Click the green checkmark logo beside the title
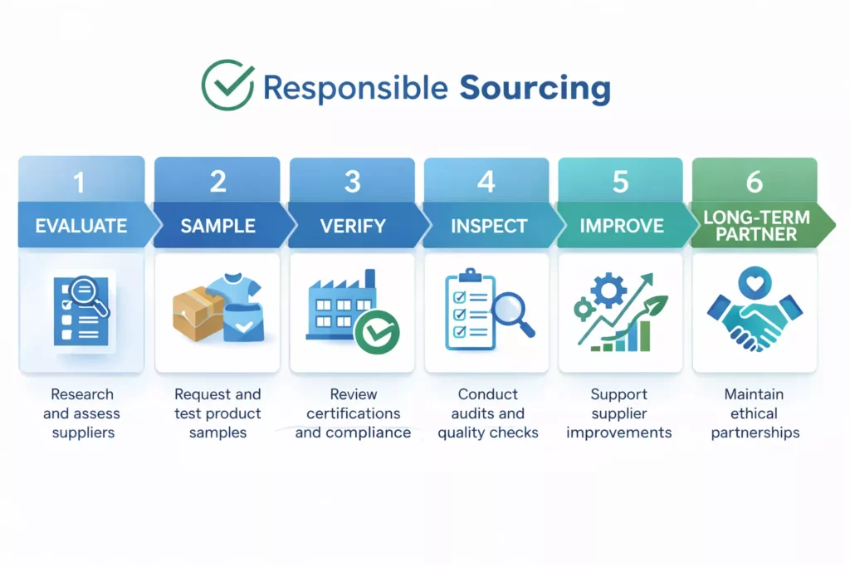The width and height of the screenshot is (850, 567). click(x=228, y=85)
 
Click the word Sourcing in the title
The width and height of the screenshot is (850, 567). click(x=535, y=87)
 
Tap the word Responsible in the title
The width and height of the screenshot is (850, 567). click(x=355, y=87)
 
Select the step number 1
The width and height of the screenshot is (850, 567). click(x=80, y=182)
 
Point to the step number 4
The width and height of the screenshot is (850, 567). click(x=486, y=182)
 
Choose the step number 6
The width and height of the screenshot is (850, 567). click(x=755, y=182)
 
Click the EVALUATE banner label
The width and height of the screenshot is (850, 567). click(x=81, y=226)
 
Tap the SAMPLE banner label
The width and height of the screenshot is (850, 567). click(x=217, y=226)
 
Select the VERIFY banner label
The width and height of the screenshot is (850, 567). click(x=353, y=226)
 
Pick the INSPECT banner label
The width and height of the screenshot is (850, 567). click(x=488, y=226)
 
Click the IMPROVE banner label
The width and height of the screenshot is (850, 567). click(x=621, y=226)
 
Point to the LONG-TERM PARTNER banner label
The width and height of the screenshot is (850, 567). click(x=756, y=225)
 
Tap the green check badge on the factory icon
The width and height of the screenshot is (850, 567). click(x=377, y=332)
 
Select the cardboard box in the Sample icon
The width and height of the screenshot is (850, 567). click(x=198, y=315)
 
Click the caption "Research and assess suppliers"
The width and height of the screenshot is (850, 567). click(x=81, y=413)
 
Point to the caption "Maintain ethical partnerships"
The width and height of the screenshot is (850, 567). click(x=755, y=413)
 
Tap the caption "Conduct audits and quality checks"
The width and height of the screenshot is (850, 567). click(x=488, y=413)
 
